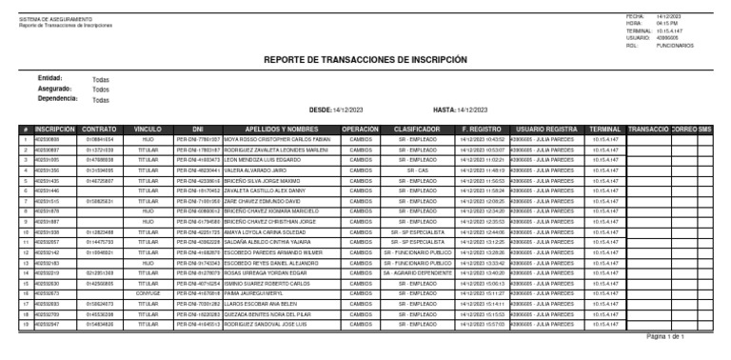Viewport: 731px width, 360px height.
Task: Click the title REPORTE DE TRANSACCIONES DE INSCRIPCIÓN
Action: (366, 59)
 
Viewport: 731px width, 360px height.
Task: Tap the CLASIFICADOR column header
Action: (416, 128)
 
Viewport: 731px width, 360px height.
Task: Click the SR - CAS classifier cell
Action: (416, 170)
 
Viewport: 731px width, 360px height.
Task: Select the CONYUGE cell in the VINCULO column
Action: (148, 294)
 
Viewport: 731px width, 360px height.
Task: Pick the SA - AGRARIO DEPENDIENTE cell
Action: (416, 273)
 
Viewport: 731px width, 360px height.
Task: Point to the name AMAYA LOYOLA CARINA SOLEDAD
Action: (268, 232)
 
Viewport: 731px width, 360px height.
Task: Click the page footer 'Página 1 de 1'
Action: (665, 337)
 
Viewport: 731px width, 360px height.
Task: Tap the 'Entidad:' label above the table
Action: (49, 77)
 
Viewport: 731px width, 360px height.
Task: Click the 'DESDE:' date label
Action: (321, 110)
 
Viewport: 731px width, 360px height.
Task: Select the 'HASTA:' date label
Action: (445, 110)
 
